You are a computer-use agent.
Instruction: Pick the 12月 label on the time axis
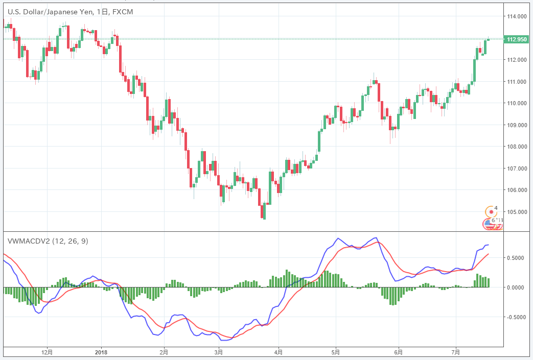pyautogui.click(x=47, y=352)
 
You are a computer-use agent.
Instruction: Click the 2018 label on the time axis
pyautogui.click(x=101, y=352)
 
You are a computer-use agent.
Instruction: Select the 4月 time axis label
pyautogui.click(x=277, y=352)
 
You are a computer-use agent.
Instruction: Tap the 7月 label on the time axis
pyautogui.click(x=456, y=352)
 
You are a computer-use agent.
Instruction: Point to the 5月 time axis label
pyautogui.click(x=336, y=352)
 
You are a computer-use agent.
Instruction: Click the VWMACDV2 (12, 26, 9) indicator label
pyautogui.click(x=48, y=241)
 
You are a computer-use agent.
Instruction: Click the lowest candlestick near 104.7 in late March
pyautogui.click(x=264, y=211)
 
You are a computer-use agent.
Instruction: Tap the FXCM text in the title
pyautogui.click(x=123, y=12)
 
